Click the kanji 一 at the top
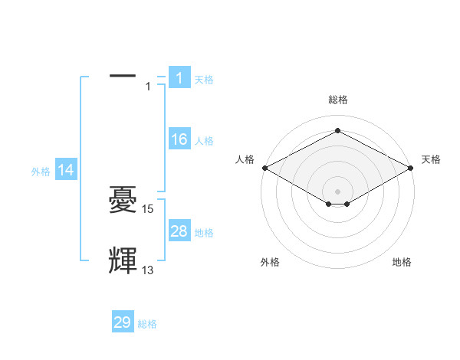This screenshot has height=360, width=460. point(123,76)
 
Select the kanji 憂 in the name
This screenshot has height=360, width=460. point(123,201)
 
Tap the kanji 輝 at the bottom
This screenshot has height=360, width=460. point(123,261)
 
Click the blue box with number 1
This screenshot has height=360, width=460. point(179,77)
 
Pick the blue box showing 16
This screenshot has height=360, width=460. point(179,139)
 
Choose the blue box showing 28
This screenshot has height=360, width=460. point(179,231)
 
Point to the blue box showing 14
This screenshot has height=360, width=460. point(66,171)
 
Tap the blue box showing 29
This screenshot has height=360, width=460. point(123,322)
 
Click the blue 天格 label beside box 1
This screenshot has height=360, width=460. point(204,79)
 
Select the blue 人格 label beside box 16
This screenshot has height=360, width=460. point(204,141)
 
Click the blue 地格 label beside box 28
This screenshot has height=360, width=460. point(204,233)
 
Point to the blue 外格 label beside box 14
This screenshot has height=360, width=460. point(41,172)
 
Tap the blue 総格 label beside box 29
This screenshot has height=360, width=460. point(147,324)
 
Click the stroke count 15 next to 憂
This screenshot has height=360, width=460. point(148,208)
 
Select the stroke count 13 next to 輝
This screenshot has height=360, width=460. point(148,270)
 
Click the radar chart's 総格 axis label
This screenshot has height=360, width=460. point(337,100)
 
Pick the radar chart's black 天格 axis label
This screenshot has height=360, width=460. point(431,159)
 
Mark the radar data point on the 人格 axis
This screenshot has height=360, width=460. point(264,168)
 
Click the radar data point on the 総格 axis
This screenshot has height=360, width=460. point(337,131)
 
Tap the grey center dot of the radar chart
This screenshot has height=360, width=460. point(337,190)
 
